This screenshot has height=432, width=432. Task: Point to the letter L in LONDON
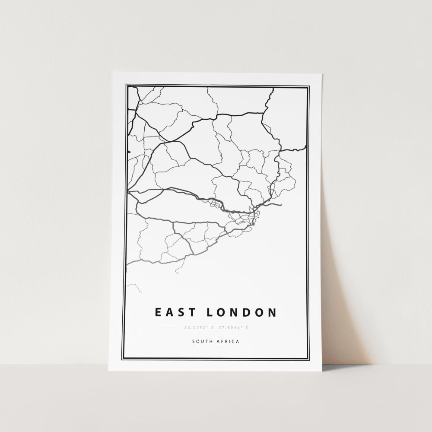[x=210, y=312]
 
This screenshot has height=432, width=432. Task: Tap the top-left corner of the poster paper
[x=114, y=73]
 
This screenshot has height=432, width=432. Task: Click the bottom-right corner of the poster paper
[x=322, y=371]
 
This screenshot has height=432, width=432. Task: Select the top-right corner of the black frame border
[x=308, y=86]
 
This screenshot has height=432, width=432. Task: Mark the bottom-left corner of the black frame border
[x=123, y=359]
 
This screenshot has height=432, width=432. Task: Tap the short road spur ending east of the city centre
[x=276, y=205]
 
